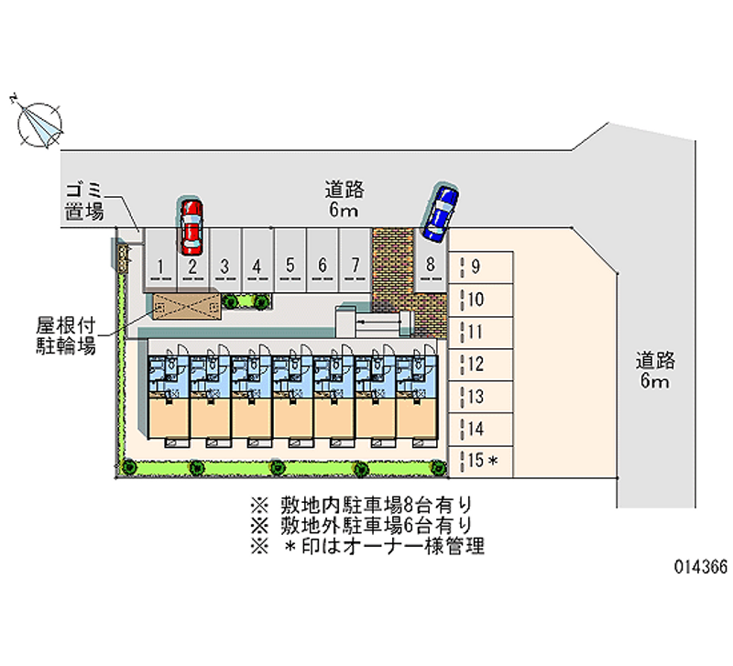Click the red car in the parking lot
coord(191,226)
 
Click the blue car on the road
coord(441,213)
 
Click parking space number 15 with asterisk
coord(481,460)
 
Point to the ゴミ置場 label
coord(84,201)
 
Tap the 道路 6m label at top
coord(345,199)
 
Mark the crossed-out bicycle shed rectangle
coord(186,305)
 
